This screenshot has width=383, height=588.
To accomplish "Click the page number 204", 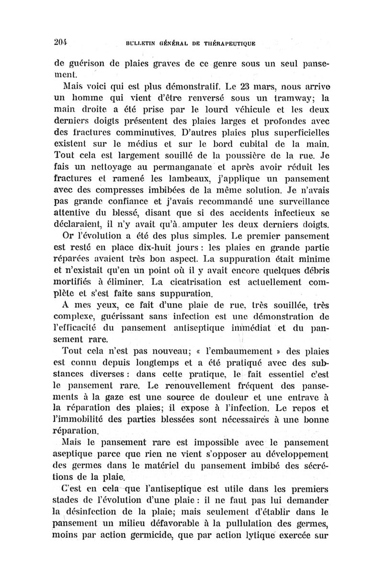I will (x=60, y=41).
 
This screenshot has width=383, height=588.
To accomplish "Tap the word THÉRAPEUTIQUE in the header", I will (x=226, y=43).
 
